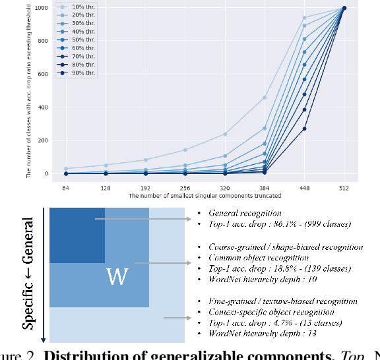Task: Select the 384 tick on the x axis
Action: click(264, 189)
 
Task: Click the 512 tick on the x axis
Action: click(344, 189)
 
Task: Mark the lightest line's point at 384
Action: click(264, 98)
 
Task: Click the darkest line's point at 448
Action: click(304, 129)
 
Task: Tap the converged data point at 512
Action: click(344, 8)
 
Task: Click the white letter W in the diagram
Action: click(117, 278)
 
